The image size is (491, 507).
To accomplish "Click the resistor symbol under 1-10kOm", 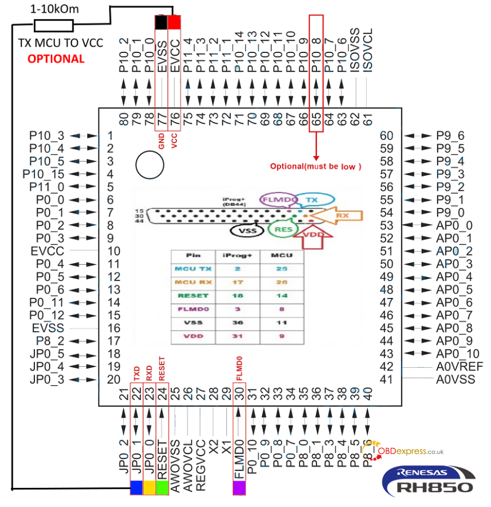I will click(53, 25).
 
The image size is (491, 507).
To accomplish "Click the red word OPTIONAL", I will click(56, 59).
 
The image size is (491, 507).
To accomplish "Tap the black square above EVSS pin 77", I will click(162, 22).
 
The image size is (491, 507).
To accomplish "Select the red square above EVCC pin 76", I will click(175, 22).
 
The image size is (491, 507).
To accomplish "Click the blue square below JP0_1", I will click(136, 487).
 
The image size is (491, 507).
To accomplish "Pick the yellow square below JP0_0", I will click(149, 487).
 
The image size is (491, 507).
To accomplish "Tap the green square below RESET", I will click(162, 487).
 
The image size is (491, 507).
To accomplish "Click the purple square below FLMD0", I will click(240, 487).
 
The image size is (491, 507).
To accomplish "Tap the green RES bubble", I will click(280, 229).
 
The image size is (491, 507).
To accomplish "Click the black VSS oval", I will click(245, 230).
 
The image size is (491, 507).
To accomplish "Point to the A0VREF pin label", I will click(459, 367).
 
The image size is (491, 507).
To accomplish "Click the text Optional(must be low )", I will click(315, 166).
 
